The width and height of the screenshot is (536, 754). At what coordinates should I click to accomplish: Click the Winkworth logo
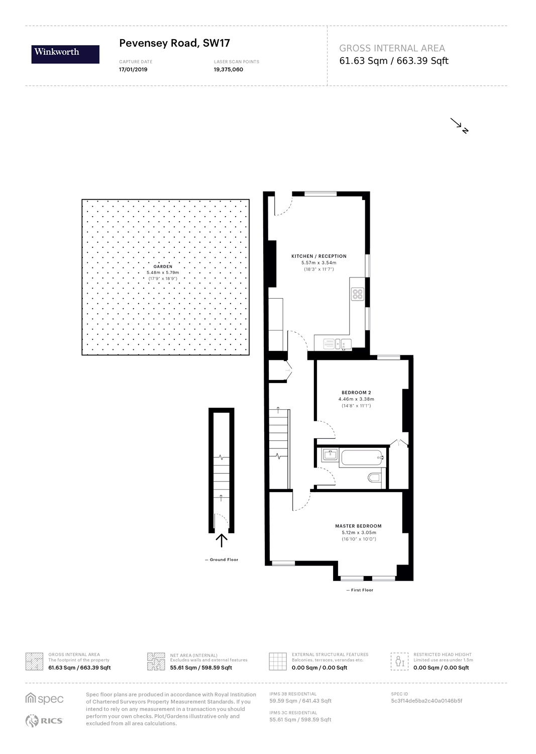click(x=65, y=54)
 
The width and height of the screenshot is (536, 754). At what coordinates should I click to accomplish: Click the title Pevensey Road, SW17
click(x=174, y=43)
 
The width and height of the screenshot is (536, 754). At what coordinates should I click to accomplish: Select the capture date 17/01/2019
click(x=133, y=69)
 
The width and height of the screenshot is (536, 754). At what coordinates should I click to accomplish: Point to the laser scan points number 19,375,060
click(x=229, y=69)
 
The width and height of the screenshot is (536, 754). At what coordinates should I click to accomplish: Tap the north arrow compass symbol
click(x=459, y=125)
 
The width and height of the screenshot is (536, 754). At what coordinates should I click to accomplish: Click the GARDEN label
click(x=163, y=266)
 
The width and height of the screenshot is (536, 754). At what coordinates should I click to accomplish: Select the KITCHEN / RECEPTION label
click(x=319, y=256)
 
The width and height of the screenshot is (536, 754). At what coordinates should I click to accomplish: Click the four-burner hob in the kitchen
click(x=357, y=294)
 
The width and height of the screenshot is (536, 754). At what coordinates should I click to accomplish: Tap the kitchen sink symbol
click(x=342, y=344)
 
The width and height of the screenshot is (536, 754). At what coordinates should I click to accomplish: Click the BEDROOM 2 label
click(x=356, y=393)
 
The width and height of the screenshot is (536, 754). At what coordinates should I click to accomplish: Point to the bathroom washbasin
click(x=330, y=455)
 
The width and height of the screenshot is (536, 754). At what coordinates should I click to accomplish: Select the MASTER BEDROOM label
click(x=358, y=526)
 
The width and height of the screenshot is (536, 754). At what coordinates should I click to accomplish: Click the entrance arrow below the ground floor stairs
click(x=222, y=540)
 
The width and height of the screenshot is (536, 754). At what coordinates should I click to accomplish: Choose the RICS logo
click(x=44, y=721)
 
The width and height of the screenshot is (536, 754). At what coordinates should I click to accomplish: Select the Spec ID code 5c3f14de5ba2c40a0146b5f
click(x=426, y=701)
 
